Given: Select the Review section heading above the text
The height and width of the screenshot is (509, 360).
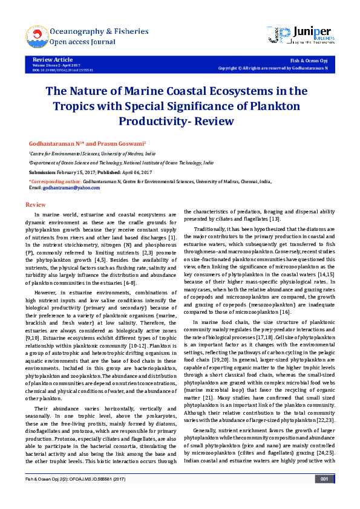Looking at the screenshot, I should point(36,205).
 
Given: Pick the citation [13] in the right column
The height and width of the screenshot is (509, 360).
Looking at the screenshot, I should point(275,219).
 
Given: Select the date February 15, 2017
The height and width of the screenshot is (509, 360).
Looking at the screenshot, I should point(73,172).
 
